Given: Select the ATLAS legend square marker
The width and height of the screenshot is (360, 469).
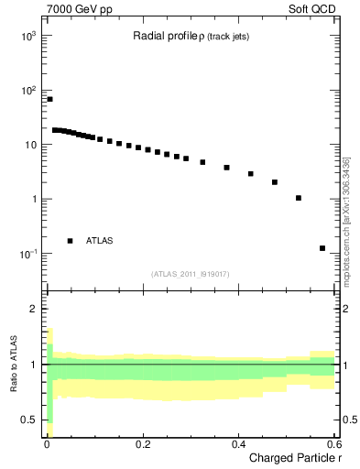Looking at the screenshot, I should [x=70, y=241].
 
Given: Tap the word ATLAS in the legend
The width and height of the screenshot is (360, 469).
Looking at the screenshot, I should [x=101, y=241].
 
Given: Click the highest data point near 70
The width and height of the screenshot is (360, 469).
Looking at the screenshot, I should [x=49, y=99].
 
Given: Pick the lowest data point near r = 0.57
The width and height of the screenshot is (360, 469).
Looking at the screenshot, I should [x=322, y=248].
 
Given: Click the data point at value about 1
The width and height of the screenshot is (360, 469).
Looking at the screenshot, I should [x=298, y=198].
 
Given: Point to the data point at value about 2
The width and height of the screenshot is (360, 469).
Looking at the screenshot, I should [x=274, y=182].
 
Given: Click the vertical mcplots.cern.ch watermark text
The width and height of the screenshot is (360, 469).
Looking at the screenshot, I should [x=346, y=220].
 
